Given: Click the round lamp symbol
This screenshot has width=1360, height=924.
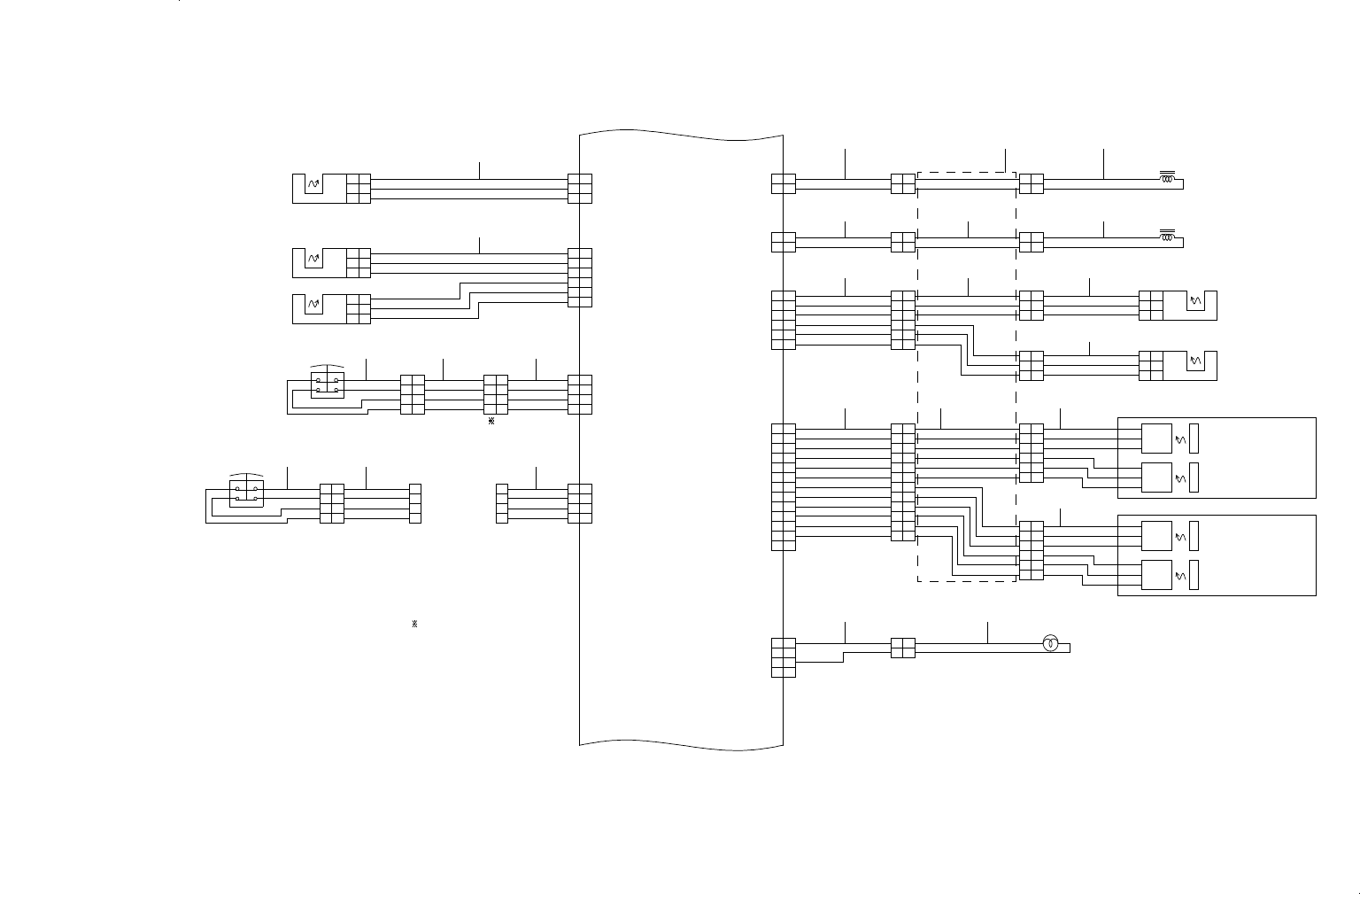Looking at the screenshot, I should tap(1050, 643).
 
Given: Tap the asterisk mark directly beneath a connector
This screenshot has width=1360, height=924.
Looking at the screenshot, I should tap(491, 421).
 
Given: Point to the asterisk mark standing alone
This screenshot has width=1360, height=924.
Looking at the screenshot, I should tap(414, 625).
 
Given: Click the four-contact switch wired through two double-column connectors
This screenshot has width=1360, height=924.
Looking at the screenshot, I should tap(328, 384).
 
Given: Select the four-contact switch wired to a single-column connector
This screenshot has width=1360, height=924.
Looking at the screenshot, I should tap(246, 493).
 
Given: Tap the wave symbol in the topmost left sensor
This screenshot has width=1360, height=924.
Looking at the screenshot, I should tap(313, 184).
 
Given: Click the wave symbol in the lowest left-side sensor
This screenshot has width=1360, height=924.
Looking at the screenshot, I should tap(313, 305).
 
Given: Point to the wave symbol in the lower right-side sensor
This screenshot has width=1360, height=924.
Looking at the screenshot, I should tap(1196, 361).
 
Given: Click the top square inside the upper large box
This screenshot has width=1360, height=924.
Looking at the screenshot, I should tap(1155, 439).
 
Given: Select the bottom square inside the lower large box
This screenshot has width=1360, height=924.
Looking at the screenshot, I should tap(1155, 575).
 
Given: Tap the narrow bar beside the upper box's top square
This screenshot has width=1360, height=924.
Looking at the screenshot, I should tap(1194, 439).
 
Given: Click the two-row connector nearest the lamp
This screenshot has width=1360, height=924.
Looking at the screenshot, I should tap(902, 648).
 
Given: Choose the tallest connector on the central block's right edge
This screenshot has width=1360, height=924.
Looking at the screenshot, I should tap(784, 487).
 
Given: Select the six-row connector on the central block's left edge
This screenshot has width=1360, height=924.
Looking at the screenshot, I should tap(580, 278).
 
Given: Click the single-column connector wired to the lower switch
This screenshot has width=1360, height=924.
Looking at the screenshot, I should tap(415, 503).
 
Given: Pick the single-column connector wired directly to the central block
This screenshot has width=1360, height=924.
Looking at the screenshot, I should tap(502, 503).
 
